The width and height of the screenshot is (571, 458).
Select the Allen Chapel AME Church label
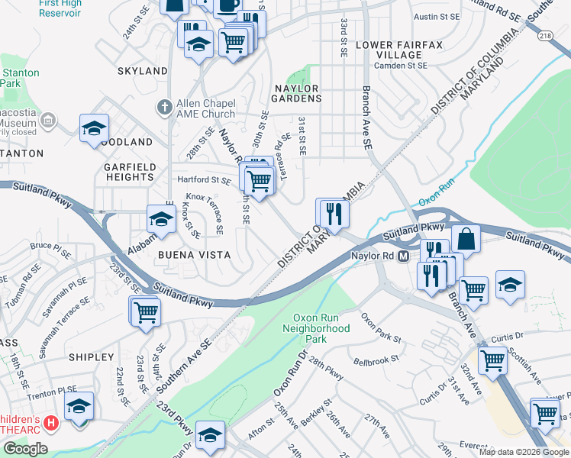205,109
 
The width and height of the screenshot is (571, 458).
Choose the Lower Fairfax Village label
399,50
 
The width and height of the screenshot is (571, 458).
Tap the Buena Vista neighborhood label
189,254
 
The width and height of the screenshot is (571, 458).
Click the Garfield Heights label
131,172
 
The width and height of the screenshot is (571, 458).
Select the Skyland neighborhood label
142,71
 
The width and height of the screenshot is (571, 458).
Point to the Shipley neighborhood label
91,357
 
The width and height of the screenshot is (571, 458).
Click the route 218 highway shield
546,35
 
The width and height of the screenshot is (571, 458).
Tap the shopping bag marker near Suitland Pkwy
466,239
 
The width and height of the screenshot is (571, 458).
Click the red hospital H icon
51,422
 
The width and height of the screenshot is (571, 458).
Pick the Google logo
25,449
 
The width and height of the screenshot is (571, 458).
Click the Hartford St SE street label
204,181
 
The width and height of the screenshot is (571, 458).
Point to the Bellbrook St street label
376,359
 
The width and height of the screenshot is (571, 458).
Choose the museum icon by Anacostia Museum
48,121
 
